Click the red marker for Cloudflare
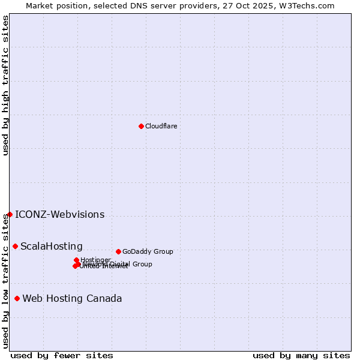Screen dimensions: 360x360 (141, 126)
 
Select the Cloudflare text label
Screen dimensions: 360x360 (161, 126)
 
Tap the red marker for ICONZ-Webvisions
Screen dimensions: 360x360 (10, 214)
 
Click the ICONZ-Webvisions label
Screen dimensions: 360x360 (59, 215)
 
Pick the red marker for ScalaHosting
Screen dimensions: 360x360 (15, 246)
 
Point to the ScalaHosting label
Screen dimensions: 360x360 (52, 247)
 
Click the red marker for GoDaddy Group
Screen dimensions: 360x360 (118, 251)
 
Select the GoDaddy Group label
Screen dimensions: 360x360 (148, 251)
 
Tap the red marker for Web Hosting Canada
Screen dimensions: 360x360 (17, 298)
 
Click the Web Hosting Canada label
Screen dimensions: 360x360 (72, 299)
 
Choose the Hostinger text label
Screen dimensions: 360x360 (95, 260)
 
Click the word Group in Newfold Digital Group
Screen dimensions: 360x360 (143, 264)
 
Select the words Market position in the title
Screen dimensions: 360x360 (54, 6)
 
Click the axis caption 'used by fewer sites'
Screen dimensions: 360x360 (62, 355)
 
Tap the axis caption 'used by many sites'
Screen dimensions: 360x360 (301, 355)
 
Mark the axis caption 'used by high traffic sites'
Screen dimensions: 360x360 (6, 85)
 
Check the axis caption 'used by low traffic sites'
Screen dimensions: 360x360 (6, 281)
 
